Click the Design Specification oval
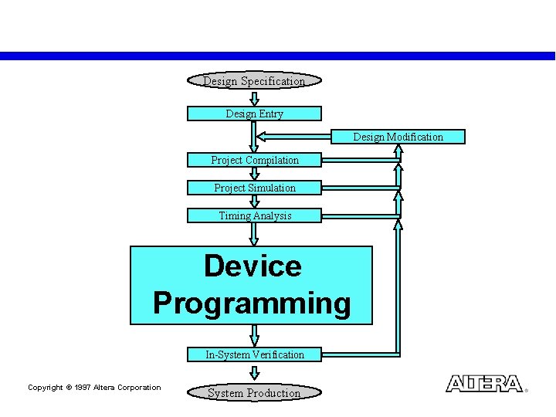tap(254, 81)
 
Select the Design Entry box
tap(254, 114)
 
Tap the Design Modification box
tap(398, 137)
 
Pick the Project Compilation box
tap(254, 160)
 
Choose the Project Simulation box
tap(254, 188)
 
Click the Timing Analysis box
tap(254, 215)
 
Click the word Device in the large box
tap(252, 266)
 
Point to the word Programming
tap(252, 303)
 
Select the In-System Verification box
tap(254, 354)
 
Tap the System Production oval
tap(254, 393)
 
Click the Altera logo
tap(484, 384)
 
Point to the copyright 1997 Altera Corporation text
tap(94, 388)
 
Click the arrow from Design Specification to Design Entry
tap(254, 98)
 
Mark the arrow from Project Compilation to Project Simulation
tap(254, 174)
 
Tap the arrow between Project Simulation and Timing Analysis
tap(254, 202)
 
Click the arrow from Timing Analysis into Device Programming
tap(254, 234)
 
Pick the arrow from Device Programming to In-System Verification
tap(254, 335)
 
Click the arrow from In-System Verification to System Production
tap(254, 372)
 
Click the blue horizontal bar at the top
tap(278, 56)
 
